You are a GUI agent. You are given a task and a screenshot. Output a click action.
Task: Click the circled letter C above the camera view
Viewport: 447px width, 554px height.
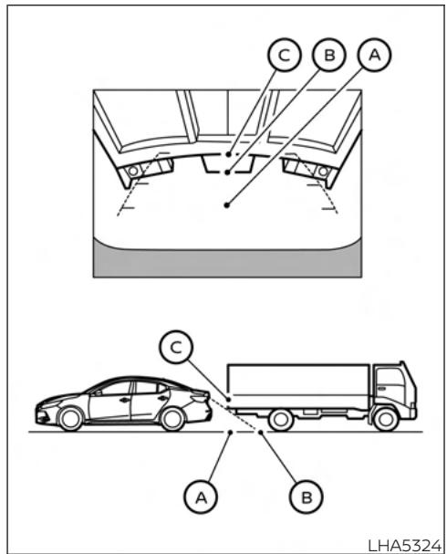coord(285,55)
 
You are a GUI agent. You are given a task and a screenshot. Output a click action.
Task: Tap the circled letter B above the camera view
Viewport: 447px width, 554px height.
coord(329,55)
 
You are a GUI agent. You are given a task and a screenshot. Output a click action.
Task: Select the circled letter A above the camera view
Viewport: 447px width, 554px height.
coord(374,55)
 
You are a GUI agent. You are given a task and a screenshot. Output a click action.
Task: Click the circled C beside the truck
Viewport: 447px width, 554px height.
coord(176,347)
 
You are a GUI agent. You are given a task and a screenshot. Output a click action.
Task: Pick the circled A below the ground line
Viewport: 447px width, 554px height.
coord(201,497)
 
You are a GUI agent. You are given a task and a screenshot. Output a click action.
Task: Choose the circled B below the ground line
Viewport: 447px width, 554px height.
coord(307,497)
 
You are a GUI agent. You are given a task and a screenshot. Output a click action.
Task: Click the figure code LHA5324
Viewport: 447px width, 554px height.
coord(405,545)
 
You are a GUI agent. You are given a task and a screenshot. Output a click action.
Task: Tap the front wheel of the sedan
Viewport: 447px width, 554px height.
coord(70,419)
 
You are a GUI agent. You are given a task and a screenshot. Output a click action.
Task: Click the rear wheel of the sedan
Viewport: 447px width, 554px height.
coord(172,419)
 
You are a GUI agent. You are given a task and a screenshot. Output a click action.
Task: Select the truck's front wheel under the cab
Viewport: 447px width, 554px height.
coord(386,420)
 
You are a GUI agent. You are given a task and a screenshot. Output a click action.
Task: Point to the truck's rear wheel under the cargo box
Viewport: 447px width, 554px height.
coord(281,420)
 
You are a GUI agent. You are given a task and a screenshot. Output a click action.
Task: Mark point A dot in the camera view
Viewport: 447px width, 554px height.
coord(226,205)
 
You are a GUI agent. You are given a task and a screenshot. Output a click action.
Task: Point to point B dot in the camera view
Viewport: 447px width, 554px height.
coord(228,172)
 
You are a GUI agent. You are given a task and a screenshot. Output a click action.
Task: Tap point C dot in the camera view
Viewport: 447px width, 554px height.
coord(229,154)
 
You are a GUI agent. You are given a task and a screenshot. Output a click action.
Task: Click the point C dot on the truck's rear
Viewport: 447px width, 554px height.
coord(229,400)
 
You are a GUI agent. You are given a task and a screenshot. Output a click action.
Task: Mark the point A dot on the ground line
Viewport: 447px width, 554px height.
coord(230,432)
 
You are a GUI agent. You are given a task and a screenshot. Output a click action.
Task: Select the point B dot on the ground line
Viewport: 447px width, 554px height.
coord(261,432)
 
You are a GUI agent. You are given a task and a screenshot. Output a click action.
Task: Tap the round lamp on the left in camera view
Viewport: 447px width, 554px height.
coord(133,172)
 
